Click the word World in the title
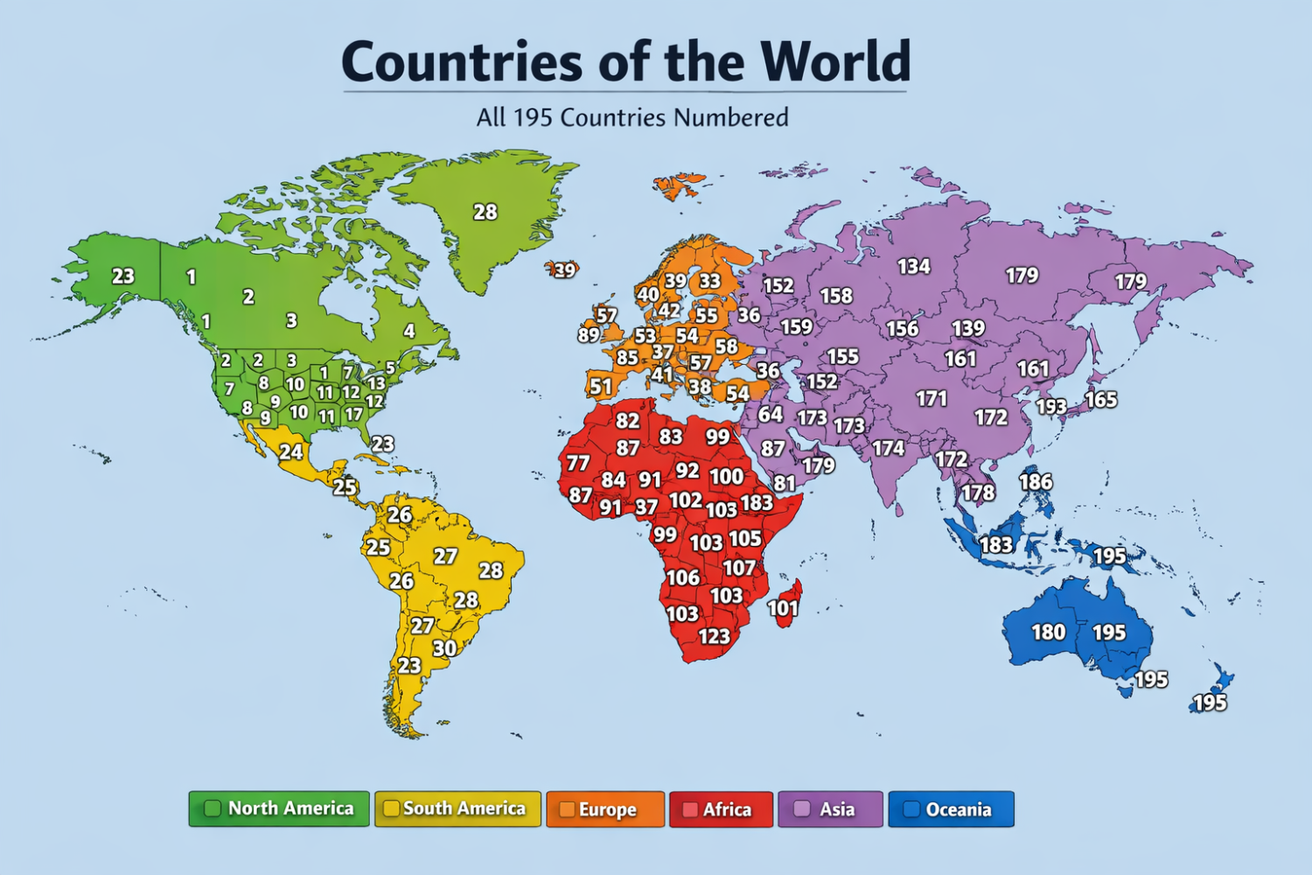point(835,61)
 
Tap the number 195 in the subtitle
point(533,117)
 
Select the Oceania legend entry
point(951,809)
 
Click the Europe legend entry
point(605,809)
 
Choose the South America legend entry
point(457,809)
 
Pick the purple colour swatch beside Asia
point(801,809)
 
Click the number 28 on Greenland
point(485,212)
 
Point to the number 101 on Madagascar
point(783,608)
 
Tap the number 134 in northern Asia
point(913,266)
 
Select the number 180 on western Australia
point(1048,632)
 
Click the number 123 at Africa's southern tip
point(714,636)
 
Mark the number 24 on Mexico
point(290,451)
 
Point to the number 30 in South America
point(444,648)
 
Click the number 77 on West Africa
point(577,463)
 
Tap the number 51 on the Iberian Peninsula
point(600,386)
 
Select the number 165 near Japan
point(1100,399)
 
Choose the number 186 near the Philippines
point(1036,481)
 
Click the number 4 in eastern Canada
point(408,331)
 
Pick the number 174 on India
point(888,448)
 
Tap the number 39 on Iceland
point(565,270)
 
